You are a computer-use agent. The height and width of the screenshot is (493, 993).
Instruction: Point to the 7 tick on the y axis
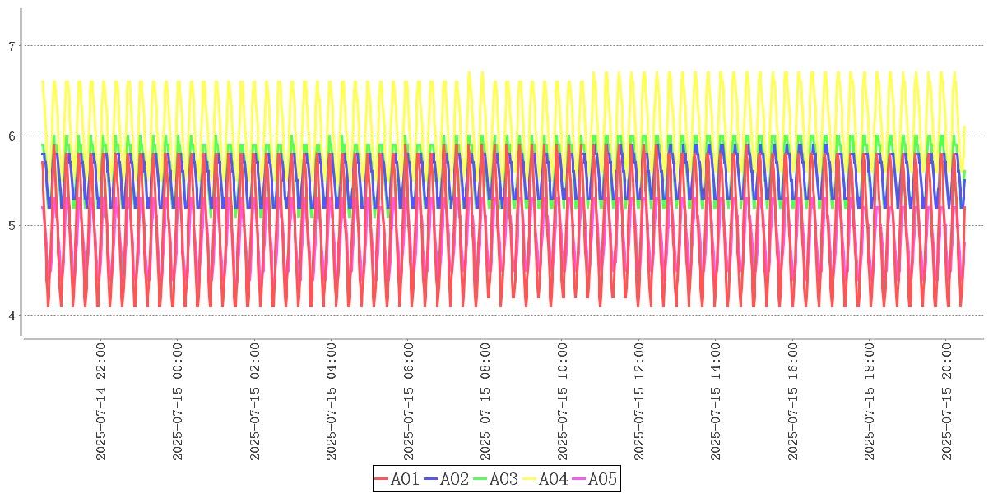tap(12, 46)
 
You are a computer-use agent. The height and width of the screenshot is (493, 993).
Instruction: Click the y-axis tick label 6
tap(12, 136)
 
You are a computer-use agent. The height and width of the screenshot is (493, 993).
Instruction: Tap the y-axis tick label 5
tap(12, 226)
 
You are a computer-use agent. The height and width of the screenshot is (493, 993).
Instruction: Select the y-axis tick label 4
tap(12, 316)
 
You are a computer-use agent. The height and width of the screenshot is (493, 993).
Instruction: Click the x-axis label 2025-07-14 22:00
tap(101, 402)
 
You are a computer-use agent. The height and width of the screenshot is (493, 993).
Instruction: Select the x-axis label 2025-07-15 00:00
tap(179, 402)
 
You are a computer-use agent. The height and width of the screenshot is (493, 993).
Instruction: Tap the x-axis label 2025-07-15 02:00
tap(256, 402)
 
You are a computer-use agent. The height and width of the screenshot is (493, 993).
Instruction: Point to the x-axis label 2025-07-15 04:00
tap(332, 402)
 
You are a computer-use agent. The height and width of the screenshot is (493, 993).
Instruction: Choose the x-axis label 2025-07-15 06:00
tap(410, 402)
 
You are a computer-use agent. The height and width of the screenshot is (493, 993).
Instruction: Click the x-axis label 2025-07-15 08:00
tap(486, 402)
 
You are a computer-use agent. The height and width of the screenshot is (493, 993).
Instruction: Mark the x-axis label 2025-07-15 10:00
tap(564, 402)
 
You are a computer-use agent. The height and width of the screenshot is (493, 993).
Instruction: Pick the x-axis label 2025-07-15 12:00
tap(640, 402)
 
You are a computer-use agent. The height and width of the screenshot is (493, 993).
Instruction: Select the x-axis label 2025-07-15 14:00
tap(717, 402)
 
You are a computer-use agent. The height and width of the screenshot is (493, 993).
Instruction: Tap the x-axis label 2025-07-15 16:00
tap(794, 402)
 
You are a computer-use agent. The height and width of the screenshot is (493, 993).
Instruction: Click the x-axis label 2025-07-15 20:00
tap(948, 402)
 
